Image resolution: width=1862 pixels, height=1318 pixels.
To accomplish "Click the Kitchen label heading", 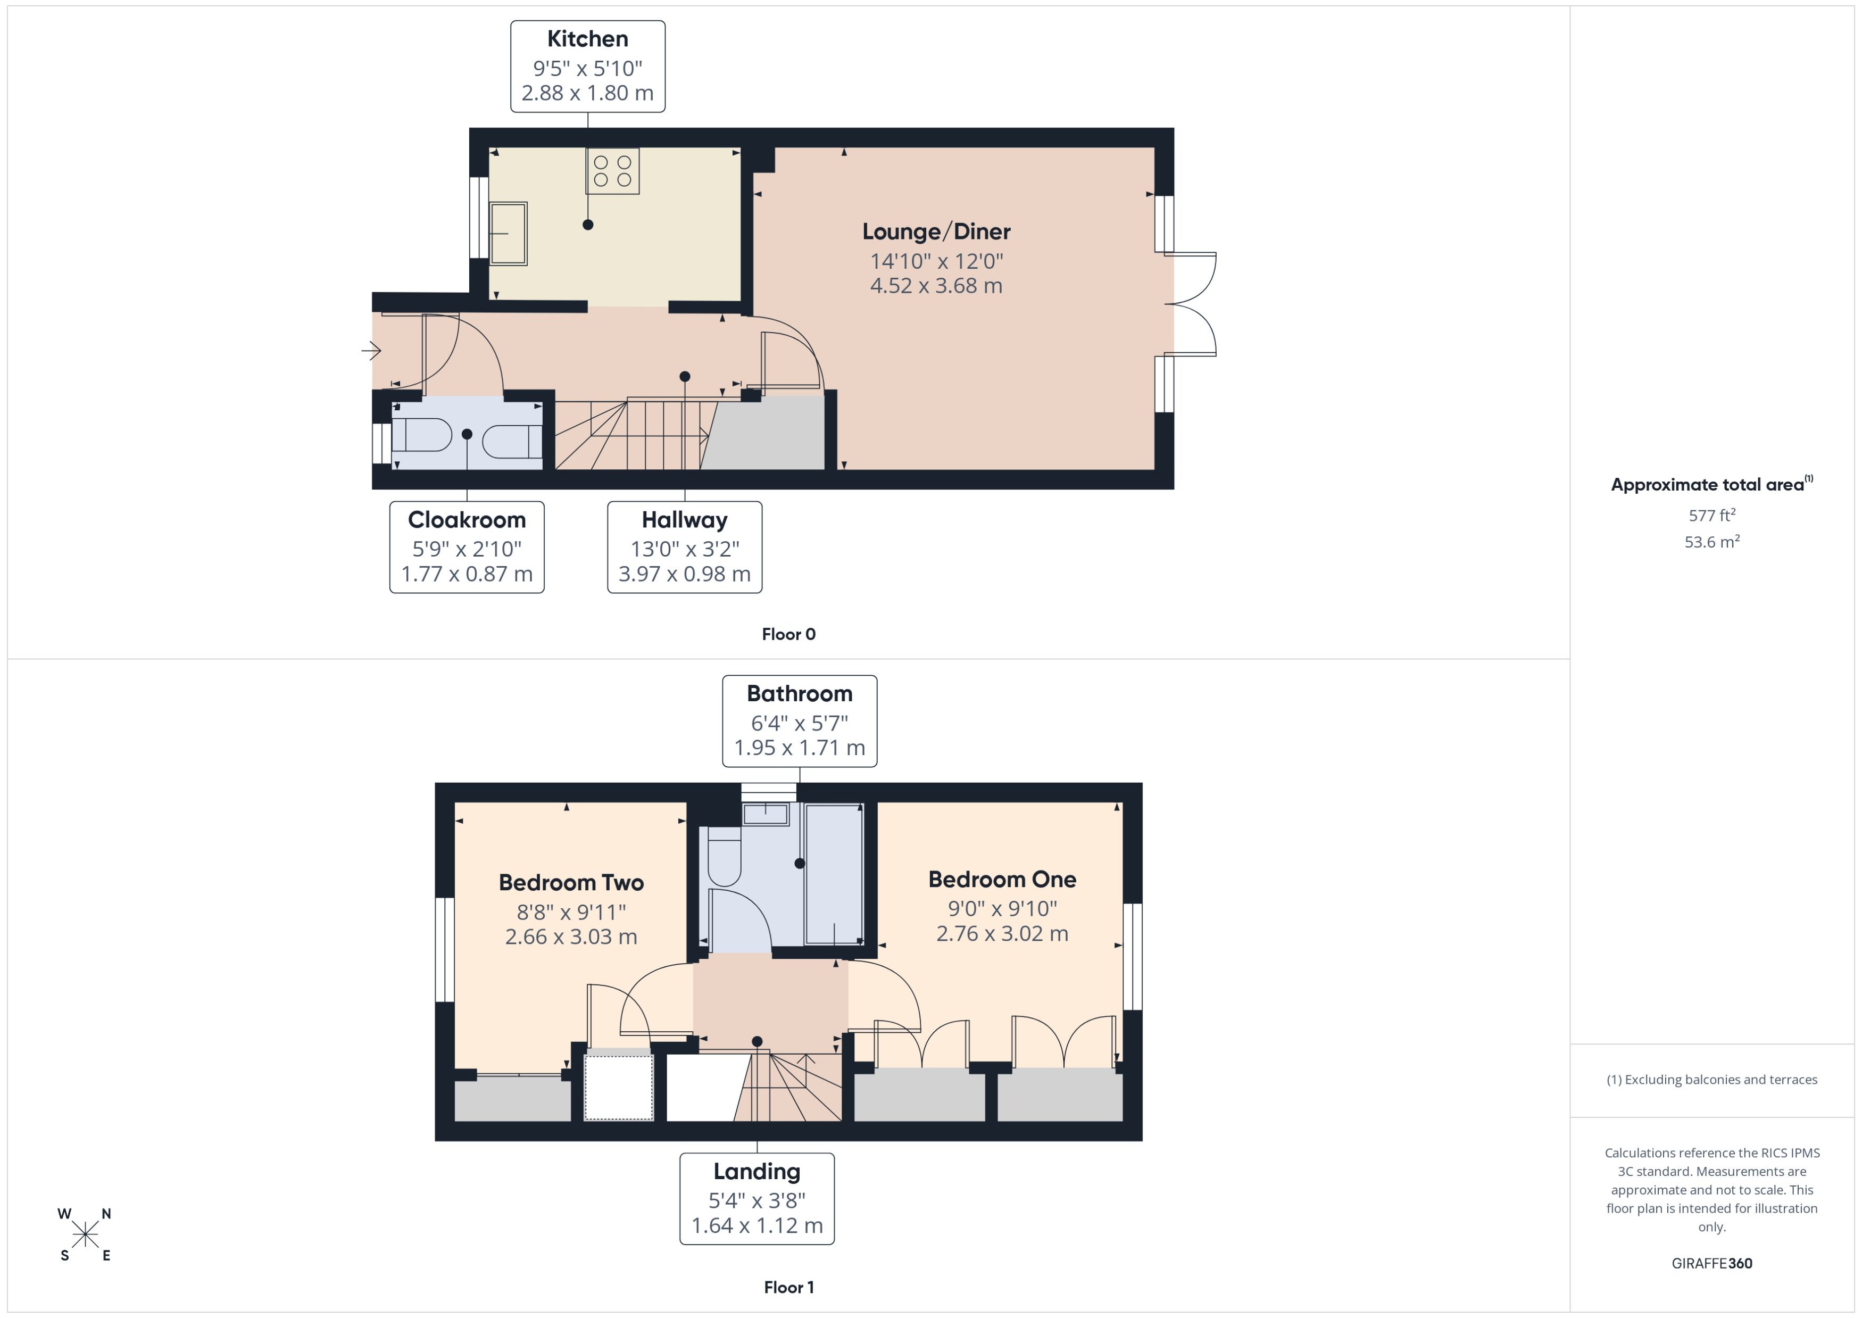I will coord(587,39).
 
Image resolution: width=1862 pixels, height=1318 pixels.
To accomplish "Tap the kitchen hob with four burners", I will coord(612,170).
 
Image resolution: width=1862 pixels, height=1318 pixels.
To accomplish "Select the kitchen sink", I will coord(508,233).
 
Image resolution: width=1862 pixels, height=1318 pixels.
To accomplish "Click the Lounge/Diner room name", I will coord(936,232).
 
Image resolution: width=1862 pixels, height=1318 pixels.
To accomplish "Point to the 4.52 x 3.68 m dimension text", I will coord(936,286).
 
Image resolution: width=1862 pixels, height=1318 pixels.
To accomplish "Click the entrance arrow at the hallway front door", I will coord(371,351).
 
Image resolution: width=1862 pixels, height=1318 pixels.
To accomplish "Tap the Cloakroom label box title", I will coord(467,519).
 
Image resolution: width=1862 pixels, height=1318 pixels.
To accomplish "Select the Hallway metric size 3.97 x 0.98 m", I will coord(684,574).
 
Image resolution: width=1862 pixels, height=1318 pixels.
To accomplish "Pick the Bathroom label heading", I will coord(799,694).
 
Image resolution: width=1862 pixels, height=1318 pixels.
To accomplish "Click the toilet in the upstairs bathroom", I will coord(724,857).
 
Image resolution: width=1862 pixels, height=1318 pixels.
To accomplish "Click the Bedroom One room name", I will coord(1002,879).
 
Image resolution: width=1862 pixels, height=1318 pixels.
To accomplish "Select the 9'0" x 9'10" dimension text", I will coord(1002,908).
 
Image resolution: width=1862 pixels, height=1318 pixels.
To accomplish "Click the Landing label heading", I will coord(756,1171).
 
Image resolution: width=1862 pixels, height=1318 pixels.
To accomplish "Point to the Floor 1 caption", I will coord(788,1287).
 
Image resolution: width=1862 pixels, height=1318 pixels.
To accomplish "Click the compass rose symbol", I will coord(85,1235).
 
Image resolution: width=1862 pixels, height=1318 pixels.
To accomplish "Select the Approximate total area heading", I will coord(1708,485).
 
